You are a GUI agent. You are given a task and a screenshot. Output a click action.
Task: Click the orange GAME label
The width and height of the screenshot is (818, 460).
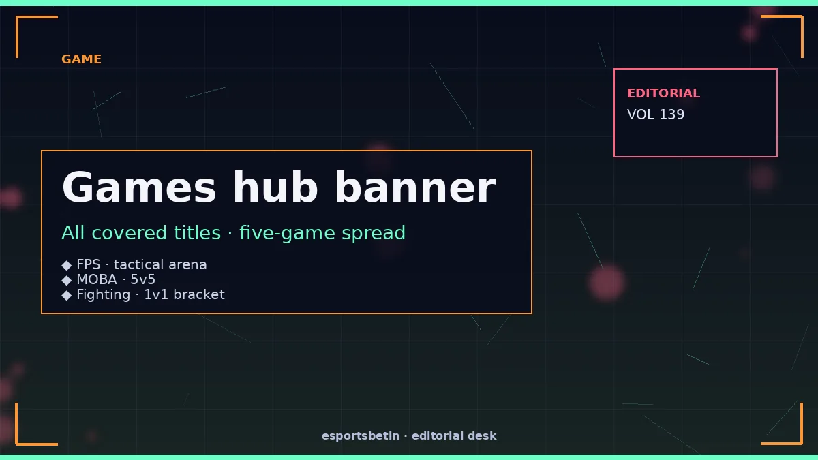pos(81,59)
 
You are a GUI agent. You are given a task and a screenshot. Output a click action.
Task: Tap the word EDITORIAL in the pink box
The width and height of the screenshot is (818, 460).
pos(663,93)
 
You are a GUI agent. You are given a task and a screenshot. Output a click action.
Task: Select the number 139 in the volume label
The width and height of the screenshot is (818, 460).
pos(672,114)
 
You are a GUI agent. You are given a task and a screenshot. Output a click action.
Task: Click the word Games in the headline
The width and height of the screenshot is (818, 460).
pos(139,187)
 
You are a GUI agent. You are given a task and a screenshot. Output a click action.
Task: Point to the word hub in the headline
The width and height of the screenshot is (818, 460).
pos(275,187)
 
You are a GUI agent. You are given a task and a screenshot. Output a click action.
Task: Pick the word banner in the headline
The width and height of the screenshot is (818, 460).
pos(415,187)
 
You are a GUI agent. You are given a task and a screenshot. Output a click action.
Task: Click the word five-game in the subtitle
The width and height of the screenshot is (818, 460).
pos(287,233)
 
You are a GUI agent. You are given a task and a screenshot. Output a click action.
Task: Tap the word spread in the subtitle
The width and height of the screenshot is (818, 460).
pos(374,234)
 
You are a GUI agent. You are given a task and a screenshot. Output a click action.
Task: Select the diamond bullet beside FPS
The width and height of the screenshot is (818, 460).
pos(67,265)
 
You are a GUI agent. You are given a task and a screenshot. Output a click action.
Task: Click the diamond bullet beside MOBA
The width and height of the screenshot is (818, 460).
pos(67,280)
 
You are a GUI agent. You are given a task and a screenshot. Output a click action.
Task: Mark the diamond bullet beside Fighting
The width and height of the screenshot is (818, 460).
pos(67,295)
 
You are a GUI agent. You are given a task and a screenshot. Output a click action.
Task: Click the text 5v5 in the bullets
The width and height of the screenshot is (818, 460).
pos(142,279)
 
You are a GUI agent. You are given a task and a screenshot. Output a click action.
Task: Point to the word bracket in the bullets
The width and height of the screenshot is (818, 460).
pos(199,294)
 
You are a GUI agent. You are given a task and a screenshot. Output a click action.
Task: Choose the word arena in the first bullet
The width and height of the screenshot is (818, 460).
pos(187,264)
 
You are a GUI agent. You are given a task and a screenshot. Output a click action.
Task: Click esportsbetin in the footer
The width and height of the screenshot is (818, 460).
pos(361,436)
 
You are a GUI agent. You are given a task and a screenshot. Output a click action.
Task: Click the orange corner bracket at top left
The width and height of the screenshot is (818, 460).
pos(17,37)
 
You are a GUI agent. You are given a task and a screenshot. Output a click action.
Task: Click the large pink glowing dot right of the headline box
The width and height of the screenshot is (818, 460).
pos(607,283)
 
